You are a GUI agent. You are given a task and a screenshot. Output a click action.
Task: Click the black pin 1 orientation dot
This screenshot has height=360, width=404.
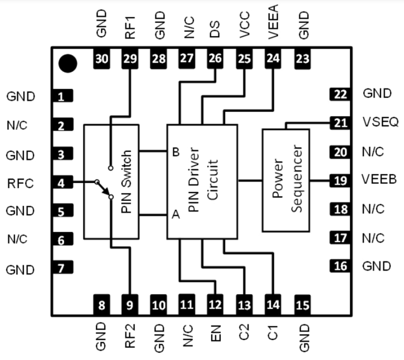(67, 63)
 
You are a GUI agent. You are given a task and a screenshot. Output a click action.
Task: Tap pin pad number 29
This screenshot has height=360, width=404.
(130, 59)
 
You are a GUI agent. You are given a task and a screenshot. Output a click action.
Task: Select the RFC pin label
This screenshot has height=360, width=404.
(20, 184)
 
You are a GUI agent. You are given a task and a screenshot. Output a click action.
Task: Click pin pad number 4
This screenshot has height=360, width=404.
(61, 184)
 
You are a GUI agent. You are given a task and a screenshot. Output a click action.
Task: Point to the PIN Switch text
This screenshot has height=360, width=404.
(126, 182)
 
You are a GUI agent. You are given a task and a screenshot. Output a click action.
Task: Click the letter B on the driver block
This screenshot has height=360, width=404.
(175, 152)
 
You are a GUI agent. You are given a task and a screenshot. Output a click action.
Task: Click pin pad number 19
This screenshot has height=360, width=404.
(340, 180)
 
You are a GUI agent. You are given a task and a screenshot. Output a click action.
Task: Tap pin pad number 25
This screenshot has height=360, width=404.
(244, 59)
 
